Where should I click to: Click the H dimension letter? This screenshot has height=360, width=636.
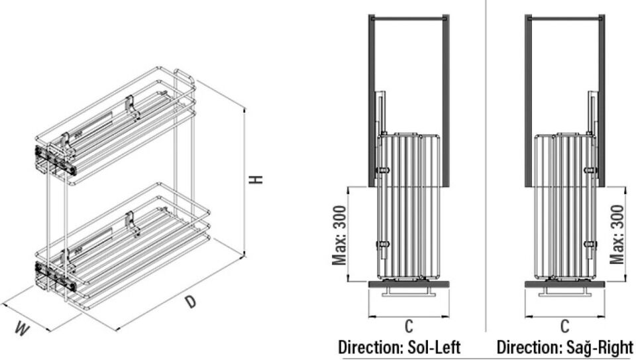(259, 179)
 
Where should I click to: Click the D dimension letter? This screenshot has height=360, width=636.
(191, 302)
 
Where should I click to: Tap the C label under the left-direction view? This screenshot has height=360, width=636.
(409, 326)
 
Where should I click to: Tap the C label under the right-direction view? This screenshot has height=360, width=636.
(564, 326)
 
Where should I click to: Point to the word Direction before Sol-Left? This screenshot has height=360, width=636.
(368, 347)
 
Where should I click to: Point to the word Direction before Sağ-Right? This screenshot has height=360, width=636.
(527, 347)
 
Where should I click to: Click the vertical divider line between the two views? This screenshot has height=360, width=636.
(486, 166)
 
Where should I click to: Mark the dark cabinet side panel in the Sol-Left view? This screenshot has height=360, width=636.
(372, 99)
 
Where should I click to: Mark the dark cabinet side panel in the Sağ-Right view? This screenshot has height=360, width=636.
(601, 99)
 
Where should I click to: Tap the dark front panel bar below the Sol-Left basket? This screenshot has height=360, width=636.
(409, 284)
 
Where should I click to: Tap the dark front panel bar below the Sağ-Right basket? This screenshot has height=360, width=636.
(564, 284)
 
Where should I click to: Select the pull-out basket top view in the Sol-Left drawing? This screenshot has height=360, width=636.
(409, 206)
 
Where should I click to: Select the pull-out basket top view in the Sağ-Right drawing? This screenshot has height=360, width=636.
(564, 206)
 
